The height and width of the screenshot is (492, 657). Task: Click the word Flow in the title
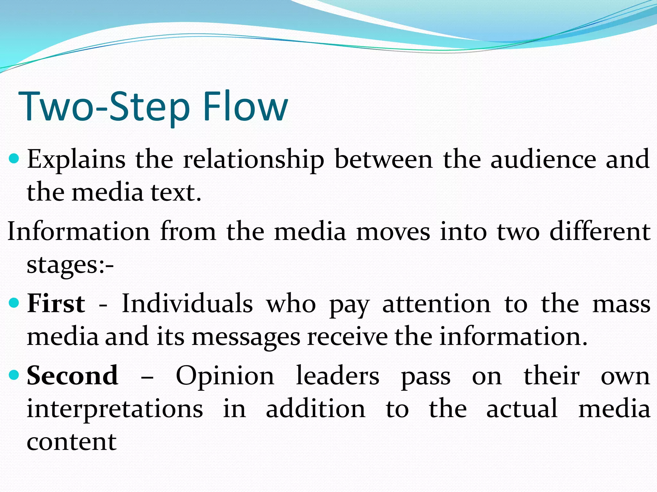[245, 106]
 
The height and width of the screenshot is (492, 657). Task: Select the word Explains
[76, 160]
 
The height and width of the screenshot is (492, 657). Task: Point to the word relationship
[253, 160]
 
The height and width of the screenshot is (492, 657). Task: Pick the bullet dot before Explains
[14, 158]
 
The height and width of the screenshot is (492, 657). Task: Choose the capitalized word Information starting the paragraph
[79, 231]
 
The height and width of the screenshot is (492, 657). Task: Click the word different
[600, 231]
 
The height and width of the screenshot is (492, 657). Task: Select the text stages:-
[70, 265]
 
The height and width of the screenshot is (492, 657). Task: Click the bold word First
[56, 303]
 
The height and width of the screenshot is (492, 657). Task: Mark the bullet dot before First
[14, 302]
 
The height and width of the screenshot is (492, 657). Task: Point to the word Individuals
[187, 303]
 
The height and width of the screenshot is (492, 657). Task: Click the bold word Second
[73, 376]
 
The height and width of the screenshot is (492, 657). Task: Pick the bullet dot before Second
[14, 375]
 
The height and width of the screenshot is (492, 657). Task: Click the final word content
[72, 442]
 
